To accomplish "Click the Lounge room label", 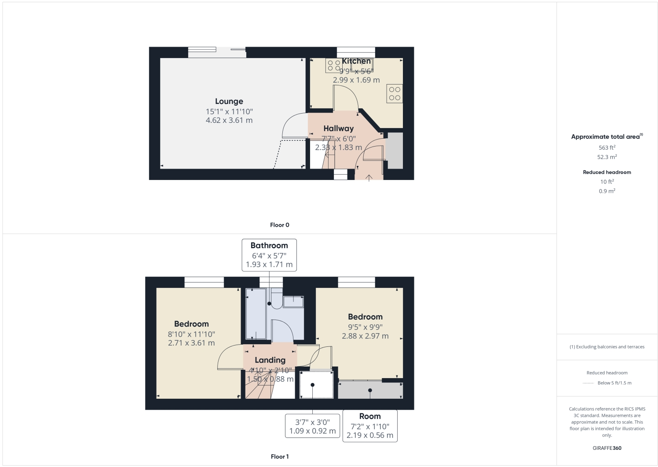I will [229, 101].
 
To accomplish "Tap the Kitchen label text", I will [356, 61].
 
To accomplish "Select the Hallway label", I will [338, 129].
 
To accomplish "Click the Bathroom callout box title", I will [269, 246].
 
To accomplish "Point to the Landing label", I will [270, 360].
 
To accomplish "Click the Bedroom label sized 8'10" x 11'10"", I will [191, 324].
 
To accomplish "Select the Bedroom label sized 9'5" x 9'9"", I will [365, 317].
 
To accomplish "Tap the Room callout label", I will [370, 416].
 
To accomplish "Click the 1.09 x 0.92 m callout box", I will [312, 426].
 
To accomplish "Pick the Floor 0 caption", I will [280, 225].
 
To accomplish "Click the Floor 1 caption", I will [280, 456].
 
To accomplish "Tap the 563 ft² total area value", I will [607, 148].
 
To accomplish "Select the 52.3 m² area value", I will [607, 157].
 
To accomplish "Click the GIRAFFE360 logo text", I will [607, 448].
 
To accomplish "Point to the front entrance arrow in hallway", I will [369, 177].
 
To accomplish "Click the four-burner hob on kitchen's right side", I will [395, 94].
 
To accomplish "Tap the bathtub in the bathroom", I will [256, 314].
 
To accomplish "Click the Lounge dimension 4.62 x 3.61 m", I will [229, 120].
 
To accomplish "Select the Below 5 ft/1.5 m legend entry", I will [614, 383].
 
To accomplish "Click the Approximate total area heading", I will [606, 137].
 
